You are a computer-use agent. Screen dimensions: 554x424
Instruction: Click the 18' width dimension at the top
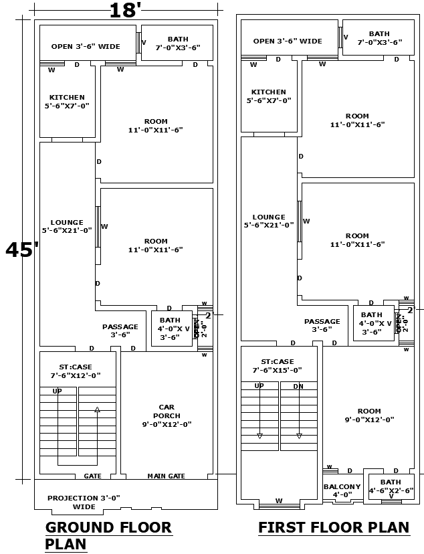point(125,10)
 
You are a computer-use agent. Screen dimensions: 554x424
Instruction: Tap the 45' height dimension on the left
point(22,250)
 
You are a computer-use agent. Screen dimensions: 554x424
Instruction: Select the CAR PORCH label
point(167,415)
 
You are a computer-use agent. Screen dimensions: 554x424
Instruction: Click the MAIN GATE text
point(166,476)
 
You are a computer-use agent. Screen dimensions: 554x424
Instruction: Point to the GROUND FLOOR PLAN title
point(108,535)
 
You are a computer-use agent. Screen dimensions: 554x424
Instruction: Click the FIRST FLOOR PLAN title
point(334,527)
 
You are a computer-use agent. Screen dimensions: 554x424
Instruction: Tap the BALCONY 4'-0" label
point(342,490)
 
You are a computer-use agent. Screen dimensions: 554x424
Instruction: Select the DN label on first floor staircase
point(298,386)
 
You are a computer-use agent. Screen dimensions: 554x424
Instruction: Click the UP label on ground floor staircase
point(58,391)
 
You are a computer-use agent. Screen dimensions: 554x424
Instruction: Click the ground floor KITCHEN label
point(67,101)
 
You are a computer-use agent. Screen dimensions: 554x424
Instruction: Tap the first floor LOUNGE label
point(269,221)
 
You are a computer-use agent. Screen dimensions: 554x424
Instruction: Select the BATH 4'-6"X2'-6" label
point(391,486)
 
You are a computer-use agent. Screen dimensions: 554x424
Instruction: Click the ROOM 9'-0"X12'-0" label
point(368,415)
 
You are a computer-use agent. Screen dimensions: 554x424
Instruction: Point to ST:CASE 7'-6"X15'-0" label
point(278,365)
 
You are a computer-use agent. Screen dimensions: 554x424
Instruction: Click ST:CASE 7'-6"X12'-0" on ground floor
point(76,371)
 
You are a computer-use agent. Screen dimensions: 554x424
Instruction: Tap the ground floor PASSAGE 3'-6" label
point(120,331)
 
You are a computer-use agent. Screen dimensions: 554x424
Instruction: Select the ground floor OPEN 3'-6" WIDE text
point(86,47)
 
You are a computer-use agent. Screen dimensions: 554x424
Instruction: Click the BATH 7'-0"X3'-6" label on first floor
point(379,37)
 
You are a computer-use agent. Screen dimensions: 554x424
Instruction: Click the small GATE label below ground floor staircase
point(93,476)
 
